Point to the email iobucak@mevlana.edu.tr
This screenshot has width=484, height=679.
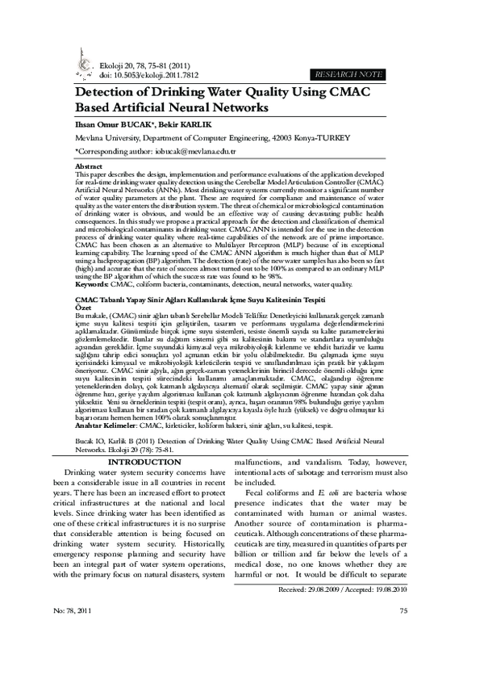click(176, 150)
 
